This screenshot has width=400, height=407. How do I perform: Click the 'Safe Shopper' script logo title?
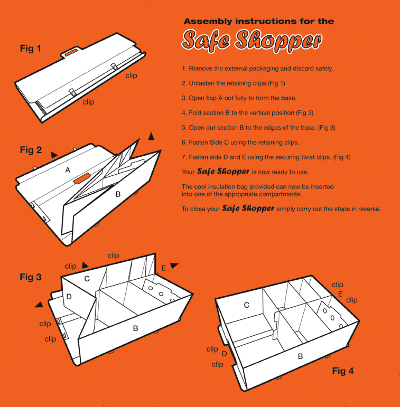click(x=252, y=41)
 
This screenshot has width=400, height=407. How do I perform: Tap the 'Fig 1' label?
click(x=31, y=48)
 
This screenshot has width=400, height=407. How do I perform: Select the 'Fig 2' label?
click(x=31, y=150)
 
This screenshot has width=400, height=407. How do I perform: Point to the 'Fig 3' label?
click(x=31, y=277)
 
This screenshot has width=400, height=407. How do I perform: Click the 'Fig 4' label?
click(x=343, y=371)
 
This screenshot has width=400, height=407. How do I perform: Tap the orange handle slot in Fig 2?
click(x=82, y=178)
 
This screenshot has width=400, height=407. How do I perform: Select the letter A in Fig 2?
click(x=68, y=170)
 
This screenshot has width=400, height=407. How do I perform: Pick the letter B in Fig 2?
click(x=118, y=194)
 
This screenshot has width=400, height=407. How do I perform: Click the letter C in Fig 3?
click(x=87, y=279)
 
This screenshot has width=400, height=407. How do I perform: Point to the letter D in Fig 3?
click(x=69, y=297)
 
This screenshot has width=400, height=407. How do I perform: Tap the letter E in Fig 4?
click(x=340, y=294)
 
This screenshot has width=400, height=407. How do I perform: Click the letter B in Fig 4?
click(x=300, y=356)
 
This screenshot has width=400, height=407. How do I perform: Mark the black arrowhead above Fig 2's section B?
click(x=151, y=137)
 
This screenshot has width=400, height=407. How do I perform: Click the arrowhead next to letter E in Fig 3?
click(x=174, y=266)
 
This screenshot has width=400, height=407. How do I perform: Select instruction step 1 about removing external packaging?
click(x=258, y=69)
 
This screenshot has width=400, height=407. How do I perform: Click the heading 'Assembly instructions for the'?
click(x=259, y=21)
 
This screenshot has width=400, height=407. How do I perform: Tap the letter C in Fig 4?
click(x=246, y=305)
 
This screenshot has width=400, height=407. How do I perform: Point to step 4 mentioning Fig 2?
click(x=247, y=113)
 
